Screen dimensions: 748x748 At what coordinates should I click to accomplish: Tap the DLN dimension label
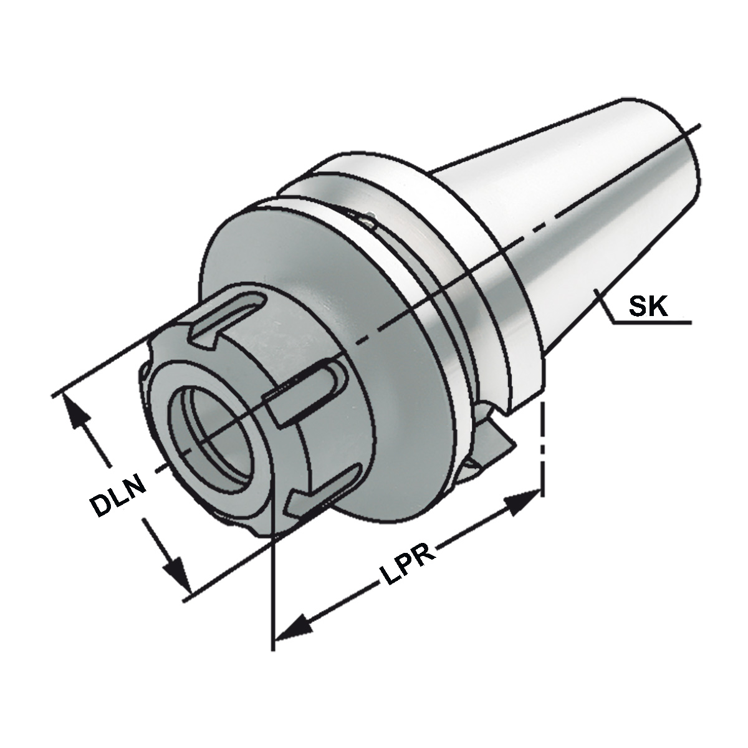[118, 496]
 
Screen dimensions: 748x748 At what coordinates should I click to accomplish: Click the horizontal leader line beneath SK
[651, 323]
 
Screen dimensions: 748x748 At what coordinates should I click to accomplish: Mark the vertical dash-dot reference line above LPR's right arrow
[544, 443]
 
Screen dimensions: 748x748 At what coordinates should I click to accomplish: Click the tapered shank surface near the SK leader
[580, 262]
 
